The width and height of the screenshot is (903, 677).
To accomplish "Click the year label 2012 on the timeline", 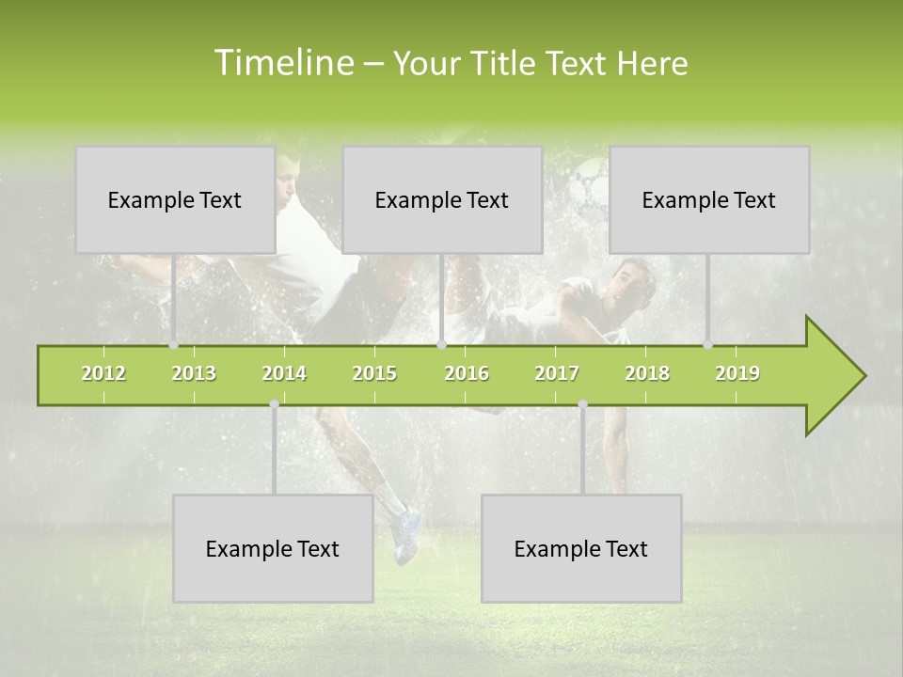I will (103, 373).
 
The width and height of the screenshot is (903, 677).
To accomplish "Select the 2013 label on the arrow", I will (194, 373).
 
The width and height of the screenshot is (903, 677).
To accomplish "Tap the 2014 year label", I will (284, 373).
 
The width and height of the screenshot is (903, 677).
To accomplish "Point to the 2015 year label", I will (374, 373).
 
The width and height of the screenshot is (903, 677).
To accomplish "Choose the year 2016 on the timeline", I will (467, 373).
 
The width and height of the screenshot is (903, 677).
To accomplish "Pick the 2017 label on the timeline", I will (557, 373).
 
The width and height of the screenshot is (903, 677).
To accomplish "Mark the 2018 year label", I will (647, 373).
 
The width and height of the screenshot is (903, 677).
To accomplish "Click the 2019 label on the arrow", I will (737, 373).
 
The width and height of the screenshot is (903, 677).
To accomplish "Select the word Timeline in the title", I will (283, 63).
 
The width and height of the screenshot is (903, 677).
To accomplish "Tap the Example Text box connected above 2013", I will (175, 199).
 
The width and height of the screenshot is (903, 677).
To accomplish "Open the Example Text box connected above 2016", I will (442, 199).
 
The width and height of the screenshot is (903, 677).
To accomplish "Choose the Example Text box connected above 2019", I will (709, 199).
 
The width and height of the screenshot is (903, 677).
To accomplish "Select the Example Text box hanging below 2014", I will (273, 548).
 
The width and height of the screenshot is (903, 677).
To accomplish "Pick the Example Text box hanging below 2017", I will (581, 548).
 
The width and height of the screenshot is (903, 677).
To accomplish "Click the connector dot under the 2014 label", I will (274, 404).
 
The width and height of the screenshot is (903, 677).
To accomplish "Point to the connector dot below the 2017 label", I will (582, 404).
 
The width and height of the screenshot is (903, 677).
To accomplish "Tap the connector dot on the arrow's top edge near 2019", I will (708, 345).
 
